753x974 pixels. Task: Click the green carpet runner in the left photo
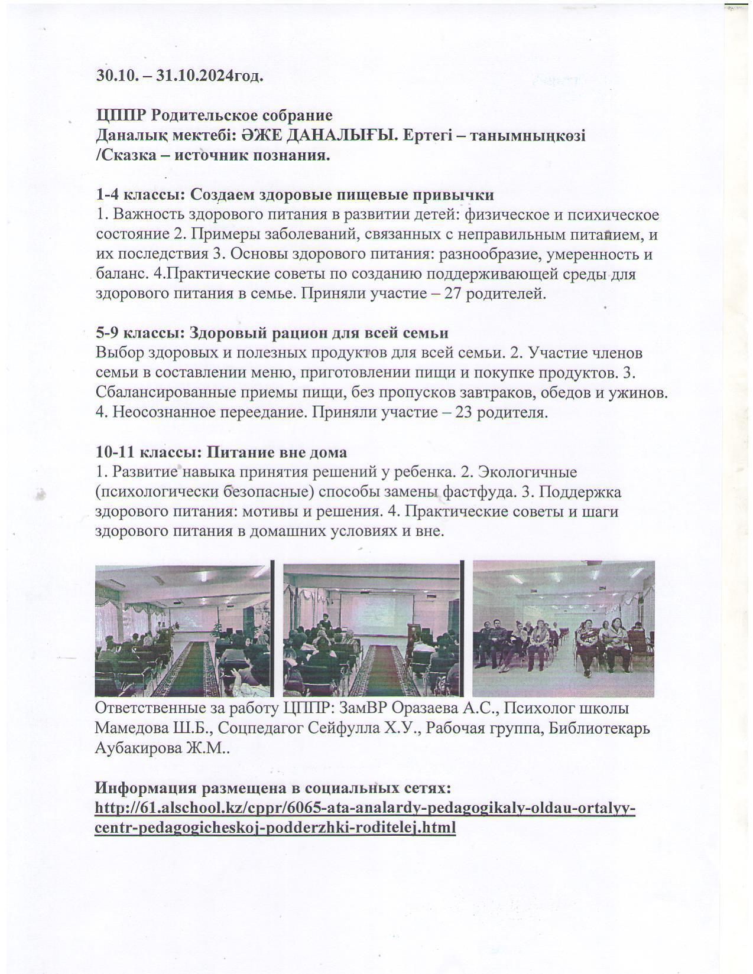point(191,667)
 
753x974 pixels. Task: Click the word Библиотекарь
point(600,728)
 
